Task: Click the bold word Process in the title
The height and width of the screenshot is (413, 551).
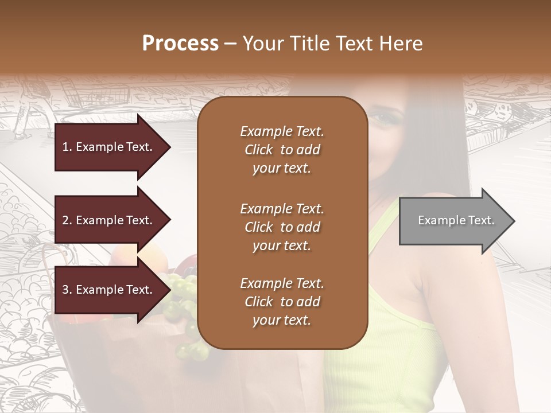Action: coord(180,44)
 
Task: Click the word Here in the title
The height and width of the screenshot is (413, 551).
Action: coord(400,44)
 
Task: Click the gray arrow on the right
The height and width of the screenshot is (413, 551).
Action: coord(453,221)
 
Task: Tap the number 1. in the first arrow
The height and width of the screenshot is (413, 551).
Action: coord(67,147)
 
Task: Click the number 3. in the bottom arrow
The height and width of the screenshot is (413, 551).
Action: coord(67,290)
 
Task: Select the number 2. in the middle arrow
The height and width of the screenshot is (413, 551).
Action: coord(67,220)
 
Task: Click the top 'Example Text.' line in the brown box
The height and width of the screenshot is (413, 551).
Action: coord(282,131)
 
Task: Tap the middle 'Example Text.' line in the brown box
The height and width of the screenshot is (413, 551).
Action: coord(282,209)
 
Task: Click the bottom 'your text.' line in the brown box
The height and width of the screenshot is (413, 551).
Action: coord(282,321)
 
